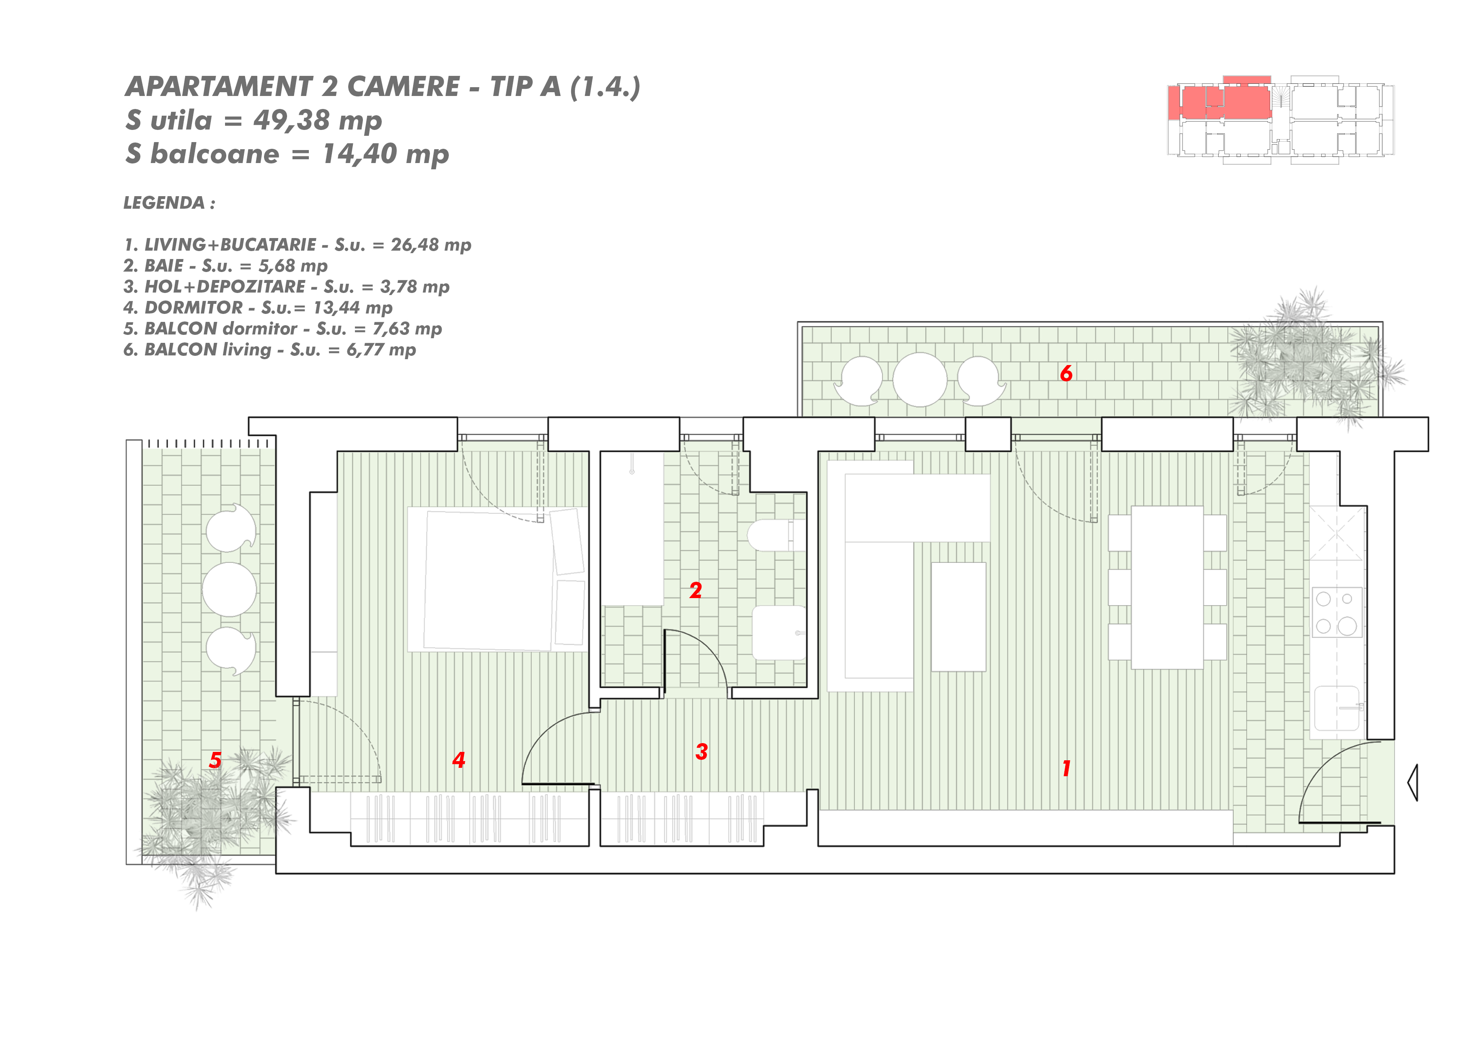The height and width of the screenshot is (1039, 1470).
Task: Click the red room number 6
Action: [1066, 373]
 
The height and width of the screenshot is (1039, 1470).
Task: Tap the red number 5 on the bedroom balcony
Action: [215, 760]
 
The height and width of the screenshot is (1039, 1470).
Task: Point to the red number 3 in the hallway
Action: [702, 751]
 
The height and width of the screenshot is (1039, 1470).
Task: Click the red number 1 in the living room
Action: [1066, 768]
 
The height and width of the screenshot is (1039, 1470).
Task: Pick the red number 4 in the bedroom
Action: [459, 760]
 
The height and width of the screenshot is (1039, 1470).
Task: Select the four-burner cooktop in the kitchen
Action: [1337, 612]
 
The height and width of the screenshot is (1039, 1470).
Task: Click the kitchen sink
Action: [1337, 708]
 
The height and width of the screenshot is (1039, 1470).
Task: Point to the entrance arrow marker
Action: [1412, 782]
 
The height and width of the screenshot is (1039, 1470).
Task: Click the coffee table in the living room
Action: [958, 617]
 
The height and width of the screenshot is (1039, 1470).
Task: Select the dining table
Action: [1167, 588]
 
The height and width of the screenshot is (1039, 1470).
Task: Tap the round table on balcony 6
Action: [920, 380]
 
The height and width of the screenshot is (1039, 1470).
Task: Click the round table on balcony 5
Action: [229, 590]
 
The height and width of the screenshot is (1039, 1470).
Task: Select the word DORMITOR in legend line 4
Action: [194, 308]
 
